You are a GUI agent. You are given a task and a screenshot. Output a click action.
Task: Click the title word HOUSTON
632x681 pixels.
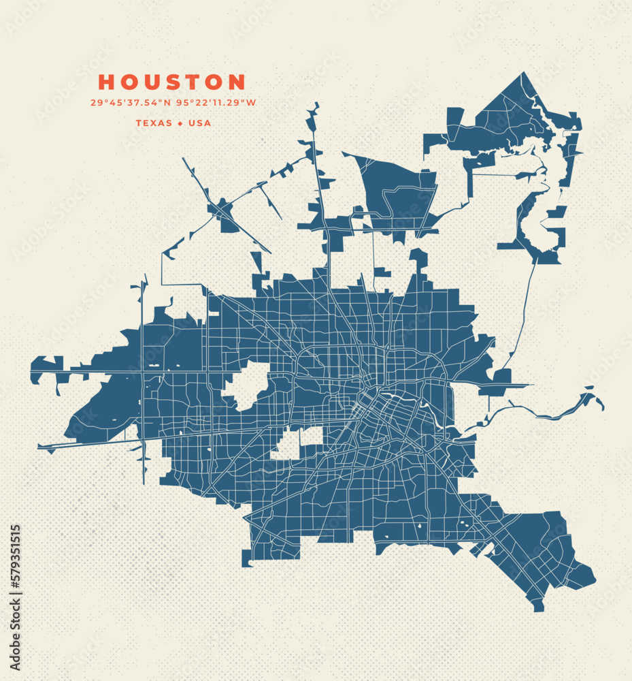point(171,82)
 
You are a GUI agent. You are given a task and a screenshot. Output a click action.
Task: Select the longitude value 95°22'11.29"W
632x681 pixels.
point(216,104)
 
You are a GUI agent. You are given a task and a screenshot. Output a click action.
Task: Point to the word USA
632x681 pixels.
point(199,123)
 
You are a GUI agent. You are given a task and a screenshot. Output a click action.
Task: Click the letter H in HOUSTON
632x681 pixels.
point(106,82)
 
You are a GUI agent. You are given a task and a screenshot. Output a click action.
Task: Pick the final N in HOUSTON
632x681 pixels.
point(237,82)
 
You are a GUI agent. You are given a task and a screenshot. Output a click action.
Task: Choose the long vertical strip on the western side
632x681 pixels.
point(143,381)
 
